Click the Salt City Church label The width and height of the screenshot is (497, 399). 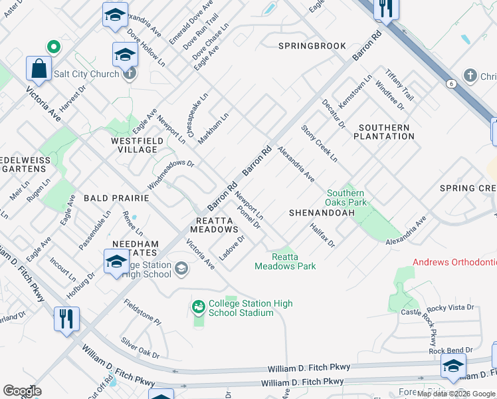[x=85, y=74]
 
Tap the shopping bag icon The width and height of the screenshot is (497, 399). [x=39, y=68]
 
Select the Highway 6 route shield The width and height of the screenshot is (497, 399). [x=451, y=83]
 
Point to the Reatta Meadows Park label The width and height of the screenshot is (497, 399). [x=285, y=261]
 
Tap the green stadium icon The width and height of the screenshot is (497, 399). [x=198, y=307]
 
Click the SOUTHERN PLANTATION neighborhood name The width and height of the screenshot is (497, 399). [x=385, y=132]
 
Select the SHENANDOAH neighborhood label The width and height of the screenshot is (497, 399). [x=315, y=213]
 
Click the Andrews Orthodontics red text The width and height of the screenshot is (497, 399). [x=454, y=262]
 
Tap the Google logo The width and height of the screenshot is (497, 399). [x=23, y=391]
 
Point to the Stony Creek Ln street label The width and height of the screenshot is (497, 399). [x=319, y=144]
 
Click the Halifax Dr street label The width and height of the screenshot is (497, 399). [x=322, y=235]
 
